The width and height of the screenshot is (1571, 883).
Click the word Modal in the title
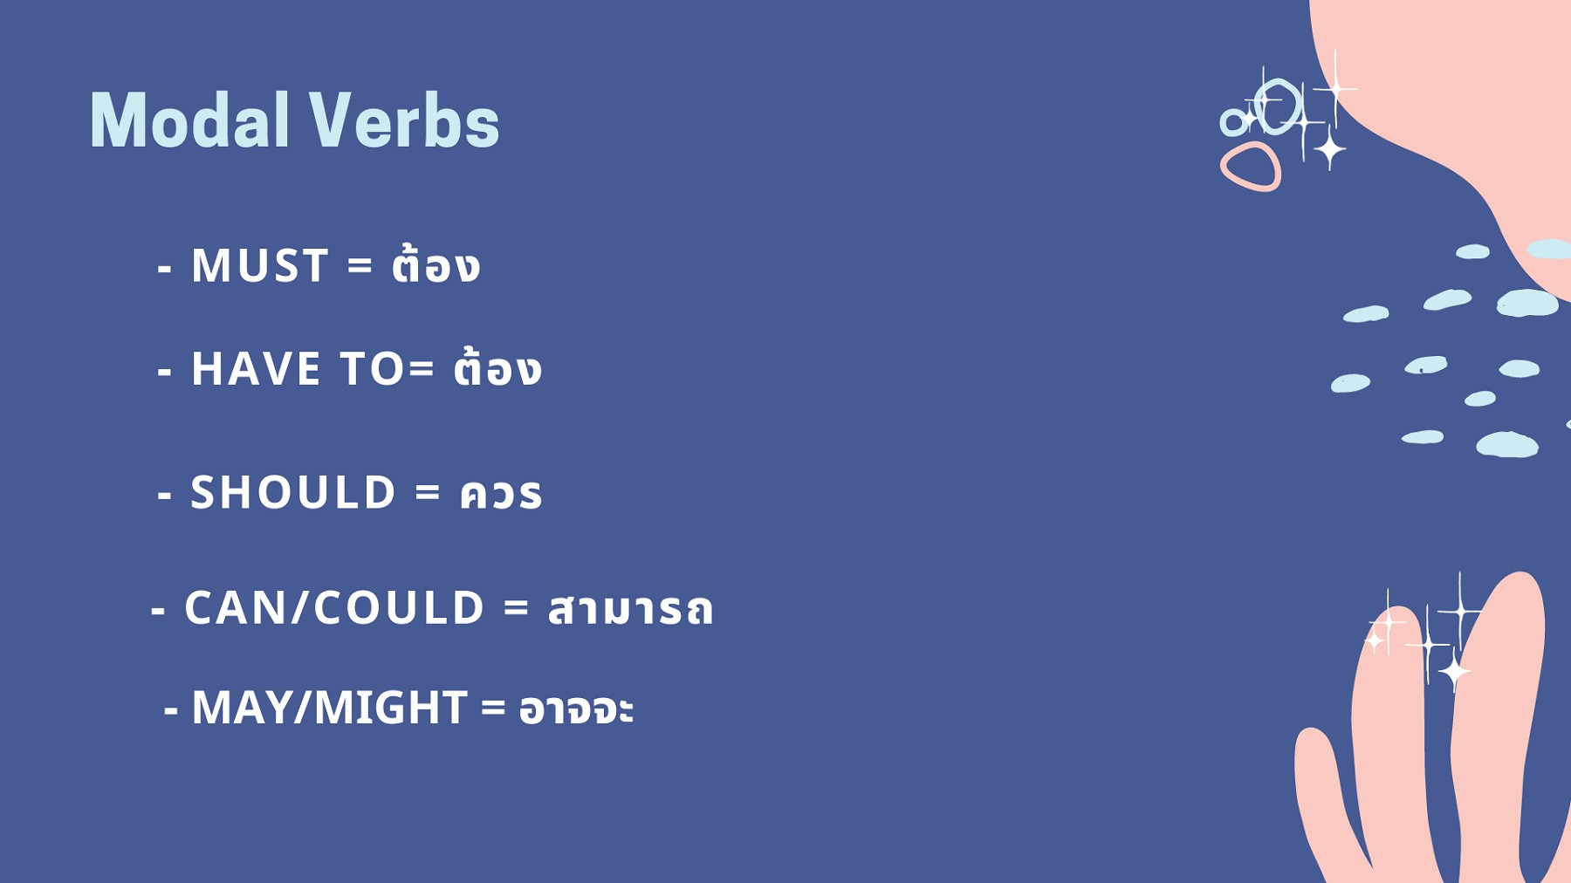click(189, 120)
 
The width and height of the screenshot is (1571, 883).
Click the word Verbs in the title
click(404, 120)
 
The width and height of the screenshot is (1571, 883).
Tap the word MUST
click(259, 265)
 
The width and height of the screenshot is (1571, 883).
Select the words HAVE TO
click(298, 368)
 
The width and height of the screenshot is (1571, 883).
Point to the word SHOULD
click(293, 492)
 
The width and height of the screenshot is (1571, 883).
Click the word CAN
click(237, 607)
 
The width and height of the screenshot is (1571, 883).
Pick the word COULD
click(399, 607)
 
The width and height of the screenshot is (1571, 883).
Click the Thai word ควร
click(501, 494)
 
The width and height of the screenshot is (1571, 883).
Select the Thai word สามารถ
click(630, 609)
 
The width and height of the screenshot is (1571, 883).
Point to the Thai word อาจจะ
click(576, 708)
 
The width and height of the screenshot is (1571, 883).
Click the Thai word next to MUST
click(436, 265)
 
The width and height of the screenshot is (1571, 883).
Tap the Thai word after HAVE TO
click(497, 367)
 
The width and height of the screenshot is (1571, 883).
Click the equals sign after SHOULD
click(428, 493)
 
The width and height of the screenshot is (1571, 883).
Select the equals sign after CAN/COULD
click(517, 608)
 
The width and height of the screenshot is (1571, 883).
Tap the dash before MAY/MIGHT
click(171, 712)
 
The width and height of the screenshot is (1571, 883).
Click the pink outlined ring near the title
click(1251, 167)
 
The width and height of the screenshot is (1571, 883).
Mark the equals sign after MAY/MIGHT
click(493, 708)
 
